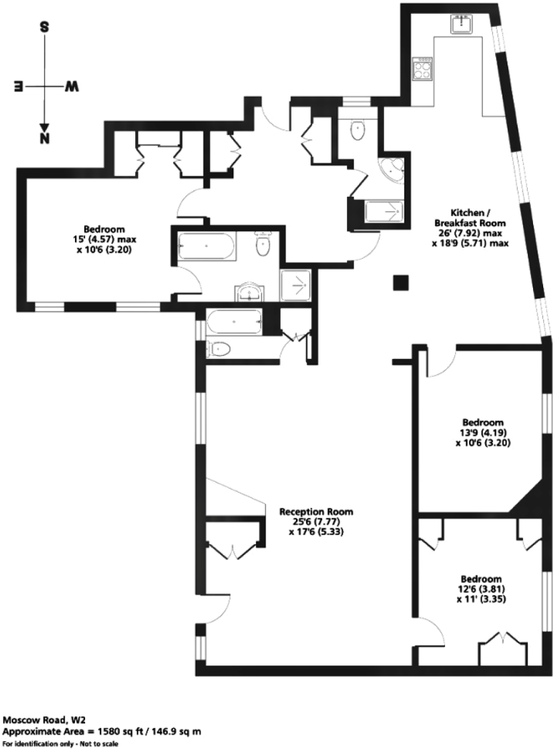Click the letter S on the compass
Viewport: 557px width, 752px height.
(44, 28)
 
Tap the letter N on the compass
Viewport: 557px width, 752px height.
(45, 137)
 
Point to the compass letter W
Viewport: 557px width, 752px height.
(72, 86)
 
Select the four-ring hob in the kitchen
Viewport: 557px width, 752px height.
(423, 70)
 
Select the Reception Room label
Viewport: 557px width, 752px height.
(310, 511)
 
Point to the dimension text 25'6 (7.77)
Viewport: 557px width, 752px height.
(310, 521)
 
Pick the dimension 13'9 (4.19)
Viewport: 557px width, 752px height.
(484, 432)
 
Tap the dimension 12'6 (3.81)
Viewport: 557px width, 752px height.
(481, 589)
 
